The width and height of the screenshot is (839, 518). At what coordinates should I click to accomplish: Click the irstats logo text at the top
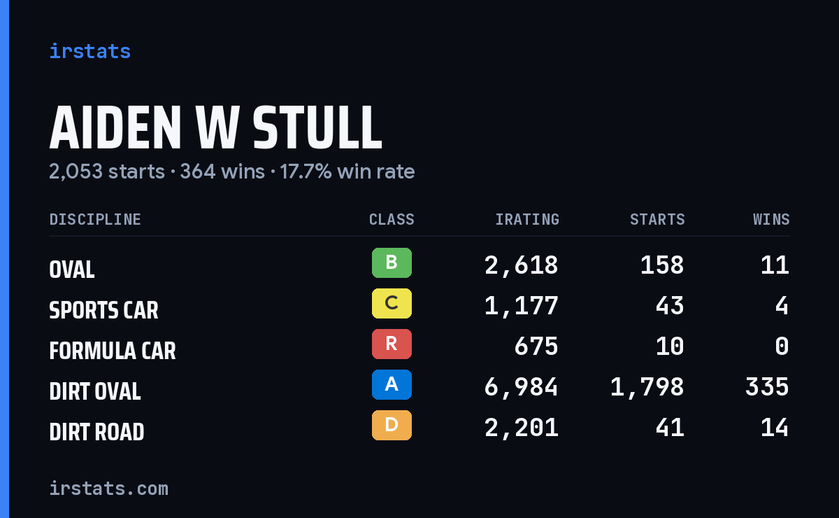pyautogui.click(x=90, y=51)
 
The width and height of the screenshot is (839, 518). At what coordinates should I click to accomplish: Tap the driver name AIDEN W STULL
pyautogui.click(x=216, y=127)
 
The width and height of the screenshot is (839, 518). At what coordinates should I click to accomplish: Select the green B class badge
pyautogui.click(x=392, y=262)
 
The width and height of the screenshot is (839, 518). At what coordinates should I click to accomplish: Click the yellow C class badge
pyautogui.click(x=392, y=303)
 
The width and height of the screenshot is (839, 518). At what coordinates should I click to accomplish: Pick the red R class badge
pyautogui.click(x=392, y=344)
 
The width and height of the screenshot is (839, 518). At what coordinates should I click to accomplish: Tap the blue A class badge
pyautogui.click(x=392, y=384)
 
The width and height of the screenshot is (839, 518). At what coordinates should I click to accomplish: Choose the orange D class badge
pyautogui.click(x=392, y=425)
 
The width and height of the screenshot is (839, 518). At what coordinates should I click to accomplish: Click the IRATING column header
pyautogui.click(x=527, y=219)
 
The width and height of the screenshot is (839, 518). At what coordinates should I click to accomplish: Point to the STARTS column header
pyautogui.click(x=657, y=219)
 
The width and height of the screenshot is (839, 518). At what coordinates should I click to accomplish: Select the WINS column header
pyautogui.click(x=772, y=219)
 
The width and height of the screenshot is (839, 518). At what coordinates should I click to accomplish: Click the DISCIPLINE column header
pyautogui.click(x=95, y=219)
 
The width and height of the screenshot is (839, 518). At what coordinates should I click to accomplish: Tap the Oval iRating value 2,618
pyautogui.click(x=521, y=265)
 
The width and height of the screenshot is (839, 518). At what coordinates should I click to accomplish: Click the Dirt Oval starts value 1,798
pyautogui.click(x=647, y=387)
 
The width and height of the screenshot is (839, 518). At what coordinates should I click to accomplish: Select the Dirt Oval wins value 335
pyautogui.click(x=767, y=387)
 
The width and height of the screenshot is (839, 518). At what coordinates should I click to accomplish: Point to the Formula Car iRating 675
pyautogui.click(x=536, y=346)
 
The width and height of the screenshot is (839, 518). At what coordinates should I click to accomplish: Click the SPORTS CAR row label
pyautogui.click(x=103, y=310)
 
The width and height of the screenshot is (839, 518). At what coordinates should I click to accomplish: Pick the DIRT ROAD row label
pyautogui.click(x=96, y=432)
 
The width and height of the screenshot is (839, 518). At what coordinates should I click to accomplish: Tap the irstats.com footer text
pyautogui.click(x=108, y=489)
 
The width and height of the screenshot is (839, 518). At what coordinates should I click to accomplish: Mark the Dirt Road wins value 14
pyautogui.click(x=775, y=428)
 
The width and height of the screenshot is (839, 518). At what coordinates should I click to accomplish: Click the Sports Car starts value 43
pyautogui.click(x=670, y=306)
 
